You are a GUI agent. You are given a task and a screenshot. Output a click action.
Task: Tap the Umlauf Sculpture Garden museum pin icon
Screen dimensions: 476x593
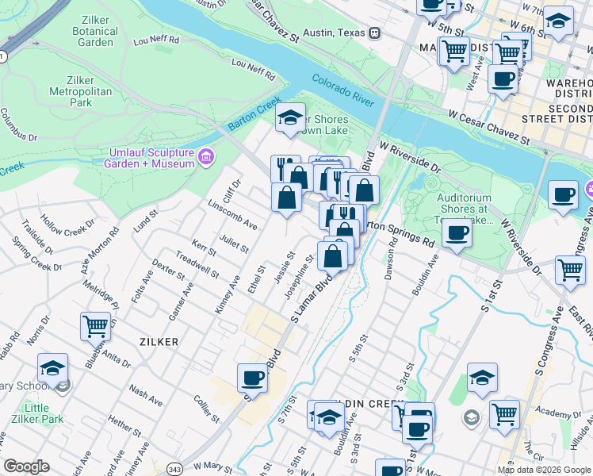(207, 156)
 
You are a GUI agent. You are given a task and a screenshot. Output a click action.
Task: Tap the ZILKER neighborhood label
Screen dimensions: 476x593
(157, 341)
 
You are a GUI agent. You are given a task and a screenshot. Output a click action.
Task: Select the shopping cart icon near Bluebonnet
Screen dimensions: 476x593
(95, 326)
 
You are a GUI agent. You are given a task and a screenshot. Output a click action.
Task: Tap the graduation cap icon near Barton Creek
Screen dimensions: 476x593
(291, 118)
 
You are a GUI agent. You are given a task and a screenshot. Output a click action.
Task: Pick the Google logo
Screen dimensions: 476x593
(26, 466)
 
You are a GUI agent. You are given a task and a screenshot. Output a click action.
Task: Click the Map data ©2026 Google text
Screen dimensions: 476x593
(543, 470)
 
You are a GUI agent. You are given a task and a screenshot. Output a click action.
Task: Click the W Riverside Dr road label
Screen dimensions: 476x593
(409, 158)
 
